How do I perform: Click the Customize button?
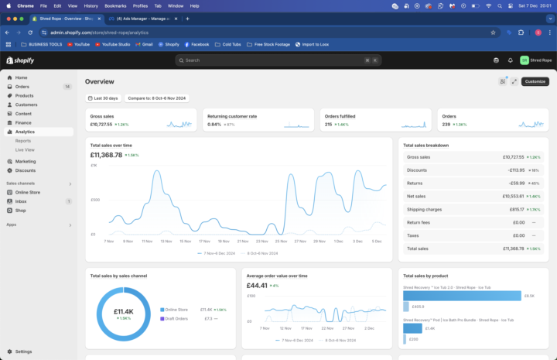click(535, 81)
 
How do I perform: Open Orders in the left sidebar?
click(22, 87)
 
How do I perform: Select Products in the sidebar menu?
click(25, 95)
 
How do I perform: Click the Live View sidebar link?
click(26, 149)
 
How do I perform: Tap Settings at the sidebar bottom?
click(24, 351)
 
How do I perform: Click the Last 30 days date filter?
click(103, 98)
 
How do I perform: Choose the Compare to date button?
click(157, 98)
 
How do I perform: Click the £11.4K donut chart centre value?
click(123, 311)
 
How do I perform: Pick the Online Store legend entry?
click(177, 309)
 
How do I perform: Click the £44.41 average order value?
click(258, 285)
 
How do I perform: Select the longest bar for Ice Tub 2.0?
click(462, 296)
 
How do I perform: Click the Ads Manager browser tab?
click(143, 18)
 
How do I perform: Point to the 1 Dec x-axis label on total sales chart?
click(338, 242)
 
